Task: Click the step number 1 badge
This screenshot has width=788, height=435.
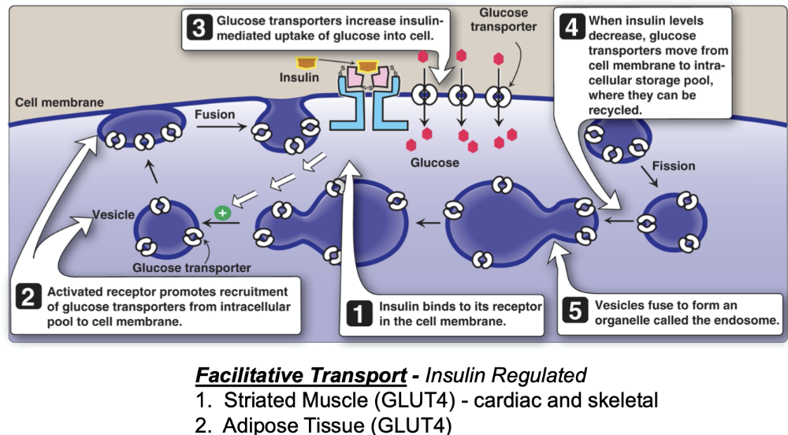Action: coord(359,314)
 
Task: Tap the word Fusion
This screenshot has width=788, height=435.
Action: coord(214,115)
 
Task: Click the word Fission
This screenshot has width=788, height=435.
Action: coord(673,166)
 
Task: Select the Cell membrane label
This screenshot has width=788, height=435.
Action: coord(58,103)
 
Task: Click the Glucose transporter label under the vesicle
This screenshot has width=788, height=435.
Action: coord(191,268)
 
